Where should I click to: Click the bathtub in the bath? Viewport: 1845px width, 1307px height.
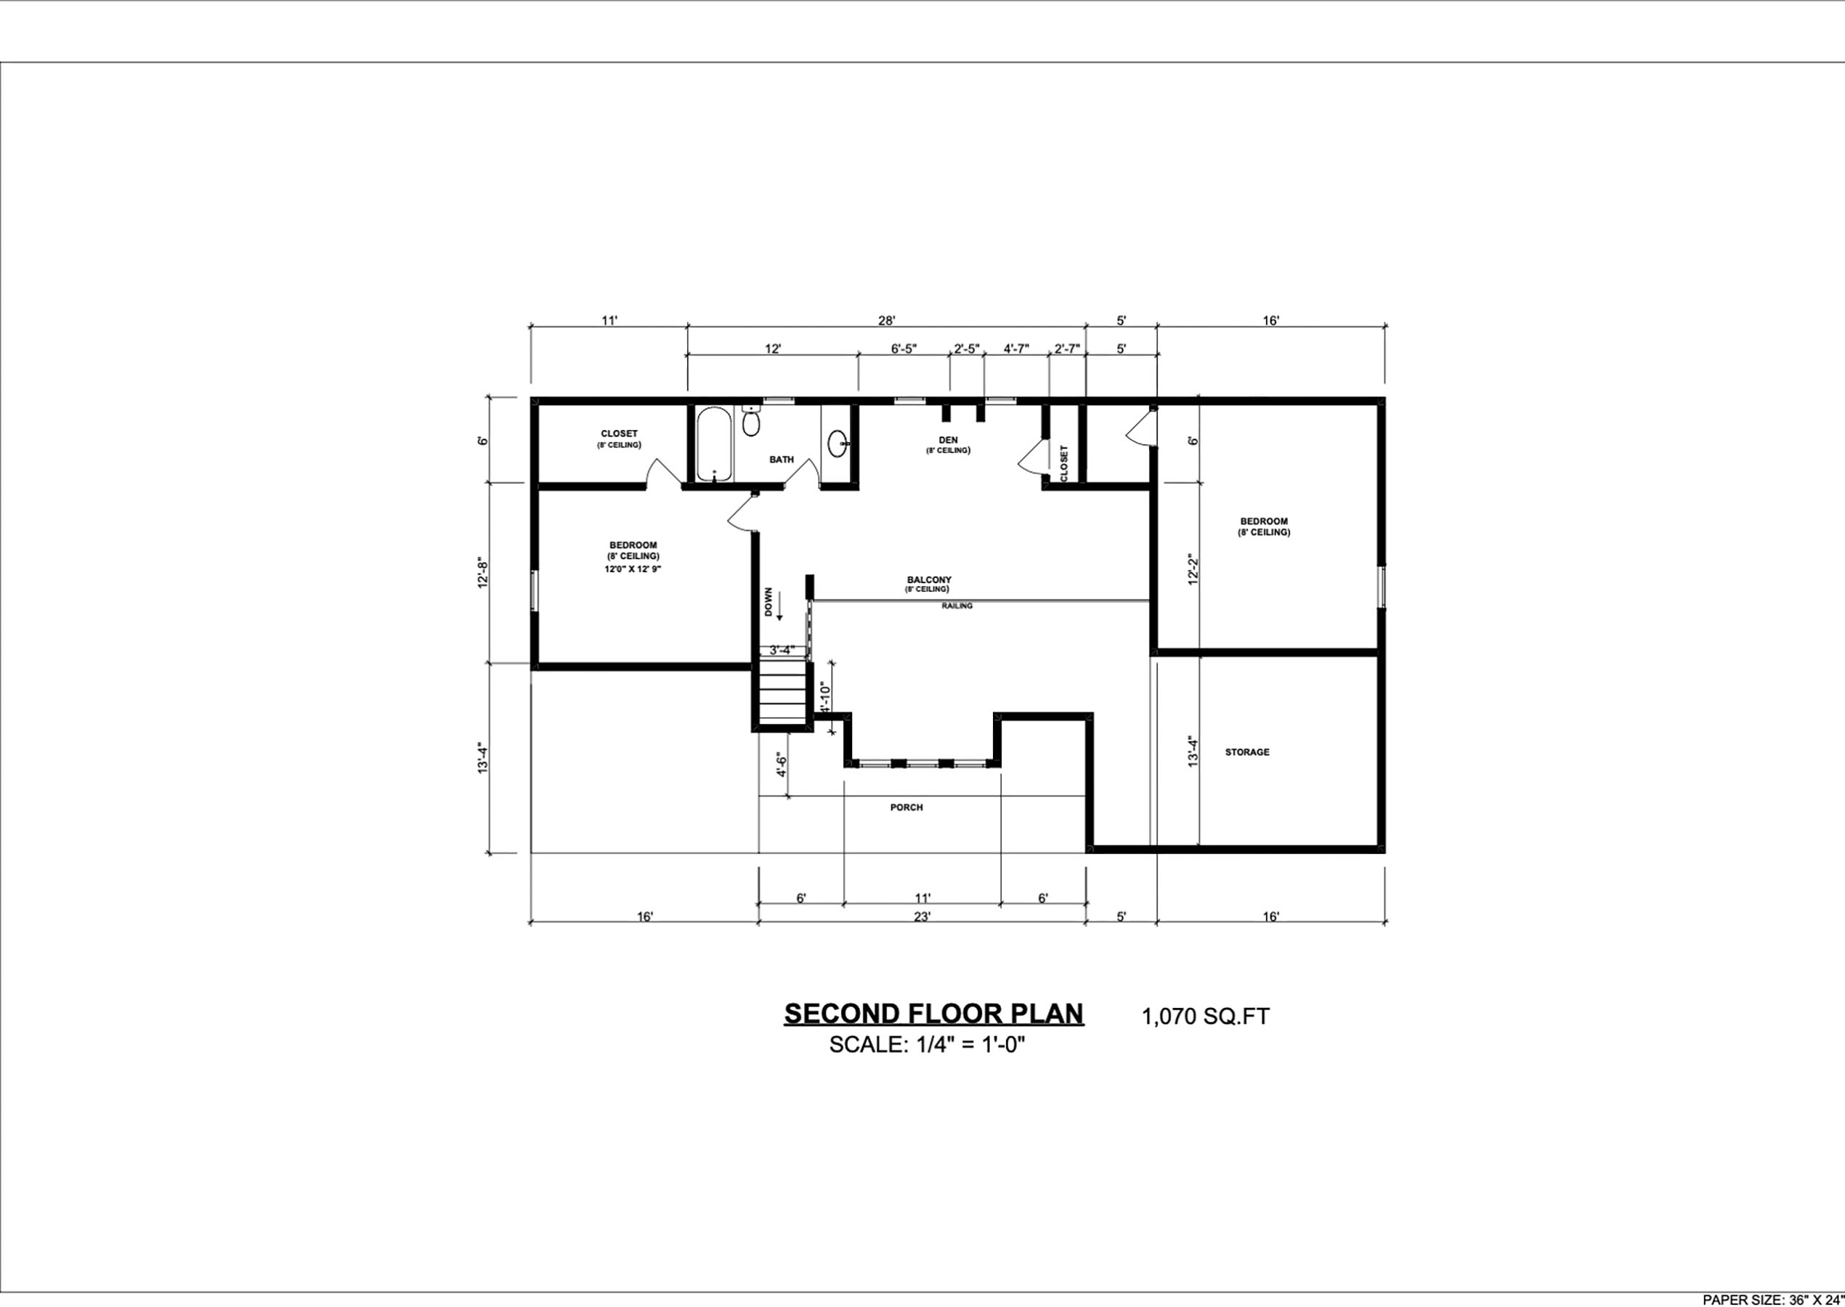tap(714, 445)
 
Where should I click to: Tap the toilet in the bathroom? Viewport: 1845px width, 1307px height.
tap(751, 420)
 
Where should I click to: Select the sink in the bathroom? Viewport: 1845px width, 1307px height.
tap(838, 441)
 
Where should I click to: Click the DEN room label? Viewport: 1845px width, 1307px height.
tap(948, 440)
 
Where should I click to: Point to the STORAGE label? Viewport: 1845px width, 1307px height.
tap(1247, 752)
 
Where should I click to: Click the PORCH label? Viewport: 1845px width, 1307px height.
tap(907, 807)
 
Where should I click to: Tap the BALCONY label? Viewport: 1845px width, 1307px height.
tap(929, 579)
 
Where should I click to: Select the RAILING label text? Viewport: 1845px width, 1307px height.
tap(957, 606)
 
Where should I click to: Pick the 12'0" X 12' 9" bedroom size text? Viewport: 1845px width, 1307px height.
tap(633, 569)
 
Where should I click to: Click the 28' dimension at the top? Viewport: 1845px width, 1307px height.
tap(886, 320)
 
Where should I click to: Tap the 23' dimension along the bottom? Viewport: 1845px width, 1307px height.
tap(922, 916)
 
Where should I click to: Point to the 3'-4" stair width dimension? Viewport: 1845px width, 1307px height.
tap(782, 649)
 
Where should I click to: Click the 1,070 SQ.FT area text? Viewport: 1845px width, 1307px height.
tap(1205, 1017)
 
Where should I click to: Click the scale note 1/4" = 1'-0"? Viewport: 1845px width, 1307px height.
tap(928, 1046)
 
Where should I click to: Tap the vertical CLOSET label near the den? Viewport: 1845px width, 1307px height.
tap(1064, 463)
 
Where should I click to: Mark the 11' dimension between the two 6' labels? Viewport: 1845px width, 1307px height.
tap(922, 898)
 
